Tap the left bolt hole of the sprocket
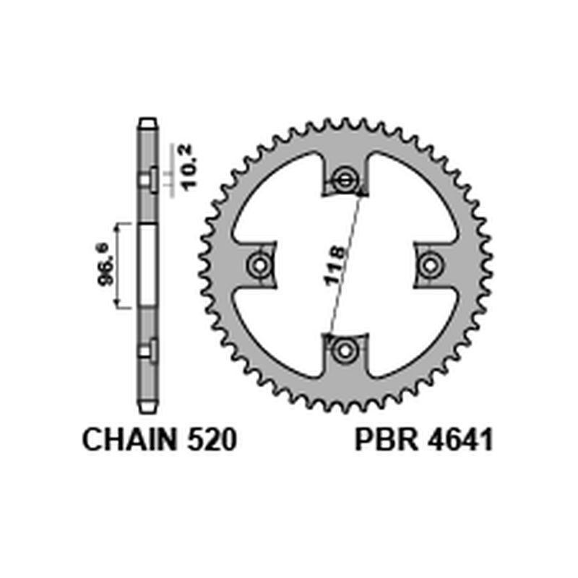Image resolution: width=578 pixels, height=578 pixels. (258, 264)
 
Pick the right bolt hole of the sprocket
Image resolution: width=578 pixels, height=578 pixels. (431, 264)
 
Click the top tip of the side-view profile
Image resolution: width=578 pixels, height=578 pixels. (147, 121)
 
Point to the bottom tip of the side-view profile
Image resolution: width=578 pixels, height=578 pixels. (147, 409)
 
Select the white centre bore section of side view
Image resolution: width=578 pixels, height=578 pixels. (147, 264)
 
